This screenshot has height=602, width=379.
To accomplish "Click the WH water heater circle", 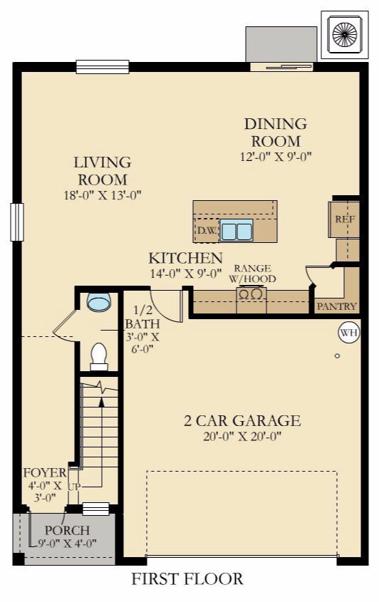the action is pos(348,333).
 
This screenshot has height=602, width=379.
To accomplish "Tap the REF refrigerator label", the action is pos(345,219).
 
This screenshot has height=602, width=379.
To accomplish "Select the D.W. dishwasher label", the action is pos(207,231).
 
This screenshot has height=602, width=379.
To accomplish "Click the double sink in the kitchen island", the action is pos(237,230).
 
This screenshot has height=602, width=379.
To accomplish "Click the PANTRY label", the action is pos(337,306).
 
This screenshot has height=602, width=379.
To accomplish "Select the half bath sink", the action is pos(99,301).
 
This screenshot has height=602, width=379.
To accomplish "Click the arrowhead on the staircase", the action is pos(101,402).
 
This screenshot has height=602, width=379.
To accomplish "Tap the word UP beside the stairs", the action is pos(75,487).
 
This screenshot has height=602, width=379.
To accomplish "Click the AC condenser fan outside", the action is pos(344,34).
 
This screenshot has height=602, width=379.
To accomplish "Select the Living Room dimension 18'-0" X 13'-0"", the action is pos(103,195).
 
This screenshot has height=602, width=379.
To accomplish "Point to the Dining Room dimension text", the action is pos(276,157).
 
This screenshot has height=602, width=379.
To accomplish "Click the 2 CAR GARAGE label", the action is pos(242,421).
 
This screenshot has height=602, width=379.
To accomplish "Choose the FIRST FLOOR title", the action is pos(187,579).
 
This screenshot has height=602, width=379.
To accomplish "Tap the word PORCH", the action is pos(67,531).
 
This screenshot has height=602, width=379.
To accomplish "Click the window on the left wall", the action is pos(17,222).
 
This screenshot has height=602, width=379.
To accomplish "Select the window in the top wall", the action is pos(103,67).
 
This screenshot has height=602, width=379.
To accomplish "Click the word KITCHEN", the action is pos(186,258).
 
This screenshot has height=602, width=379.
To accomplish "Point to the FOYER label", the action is pos(45,472).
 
